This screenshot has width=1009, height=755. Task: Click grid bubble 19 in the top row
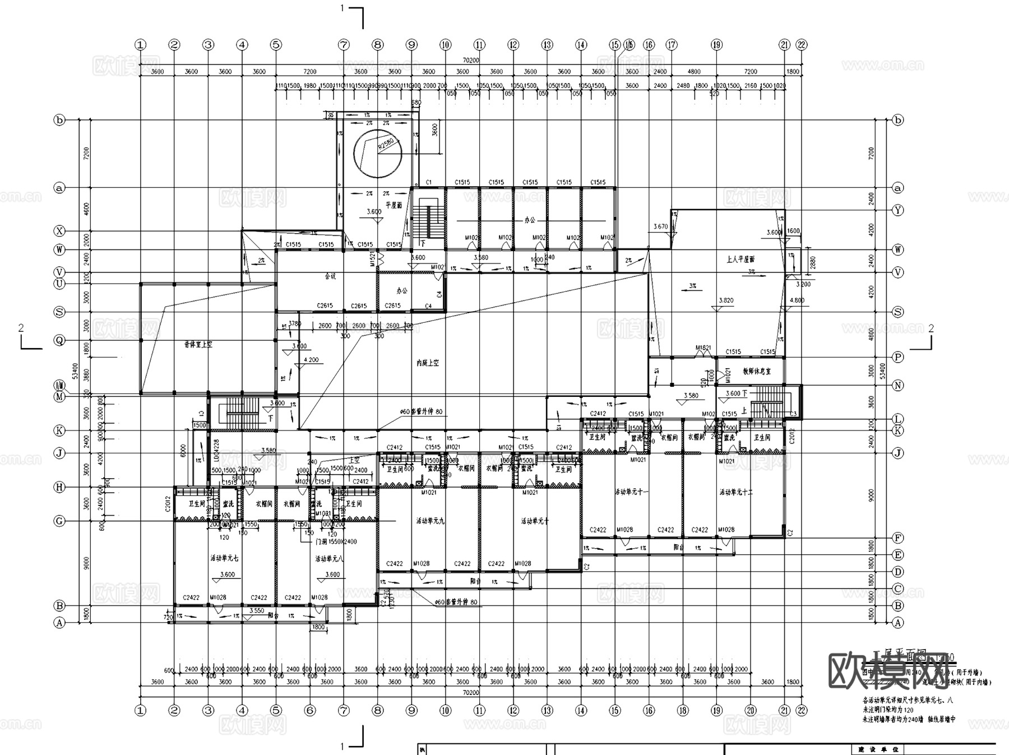click(x=716, y=45)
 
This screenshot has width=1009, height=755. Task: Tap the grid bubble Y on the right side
click(x=898, y=210)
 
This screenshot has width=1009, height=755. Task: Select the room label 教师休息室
click(x=757, y=371)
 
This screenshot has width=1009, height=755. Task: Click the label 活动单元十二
click(x=736, y=492)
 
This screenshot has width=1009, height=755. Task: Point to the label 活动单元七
click(x=224, y=558)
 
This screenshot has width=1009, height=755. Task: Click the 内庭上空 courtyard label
click(x=428, y=363)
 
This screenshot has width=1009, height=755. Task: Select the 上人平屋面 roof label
click(x=740, y=259)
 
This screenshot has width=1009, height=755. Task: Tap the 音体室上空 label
click(x=198, y=345)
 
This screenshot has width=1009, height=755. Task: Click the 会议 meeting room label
click(x=330, y=276)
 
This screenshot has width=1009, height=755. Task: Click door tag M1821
click(x=703, y=348)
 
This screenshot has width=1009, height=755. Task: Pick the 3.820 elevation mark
click(x=726, y=300)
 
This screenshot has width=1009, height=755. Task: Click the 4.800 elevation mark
click(x=797, y=300)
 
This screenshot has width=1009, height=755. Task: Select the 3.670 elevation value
click(x=660, y=226)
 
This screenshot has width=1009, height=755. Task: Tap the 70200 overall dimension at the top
click(x=470, y=60)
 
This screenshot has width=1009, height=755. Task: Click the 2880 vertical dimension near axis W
click(x=812, y=262)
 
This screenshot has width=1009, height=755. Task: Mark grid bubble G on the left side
click(x=59, y=521)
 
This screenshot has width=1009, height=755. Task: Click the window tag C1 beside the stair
click(x=429, y=182)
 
